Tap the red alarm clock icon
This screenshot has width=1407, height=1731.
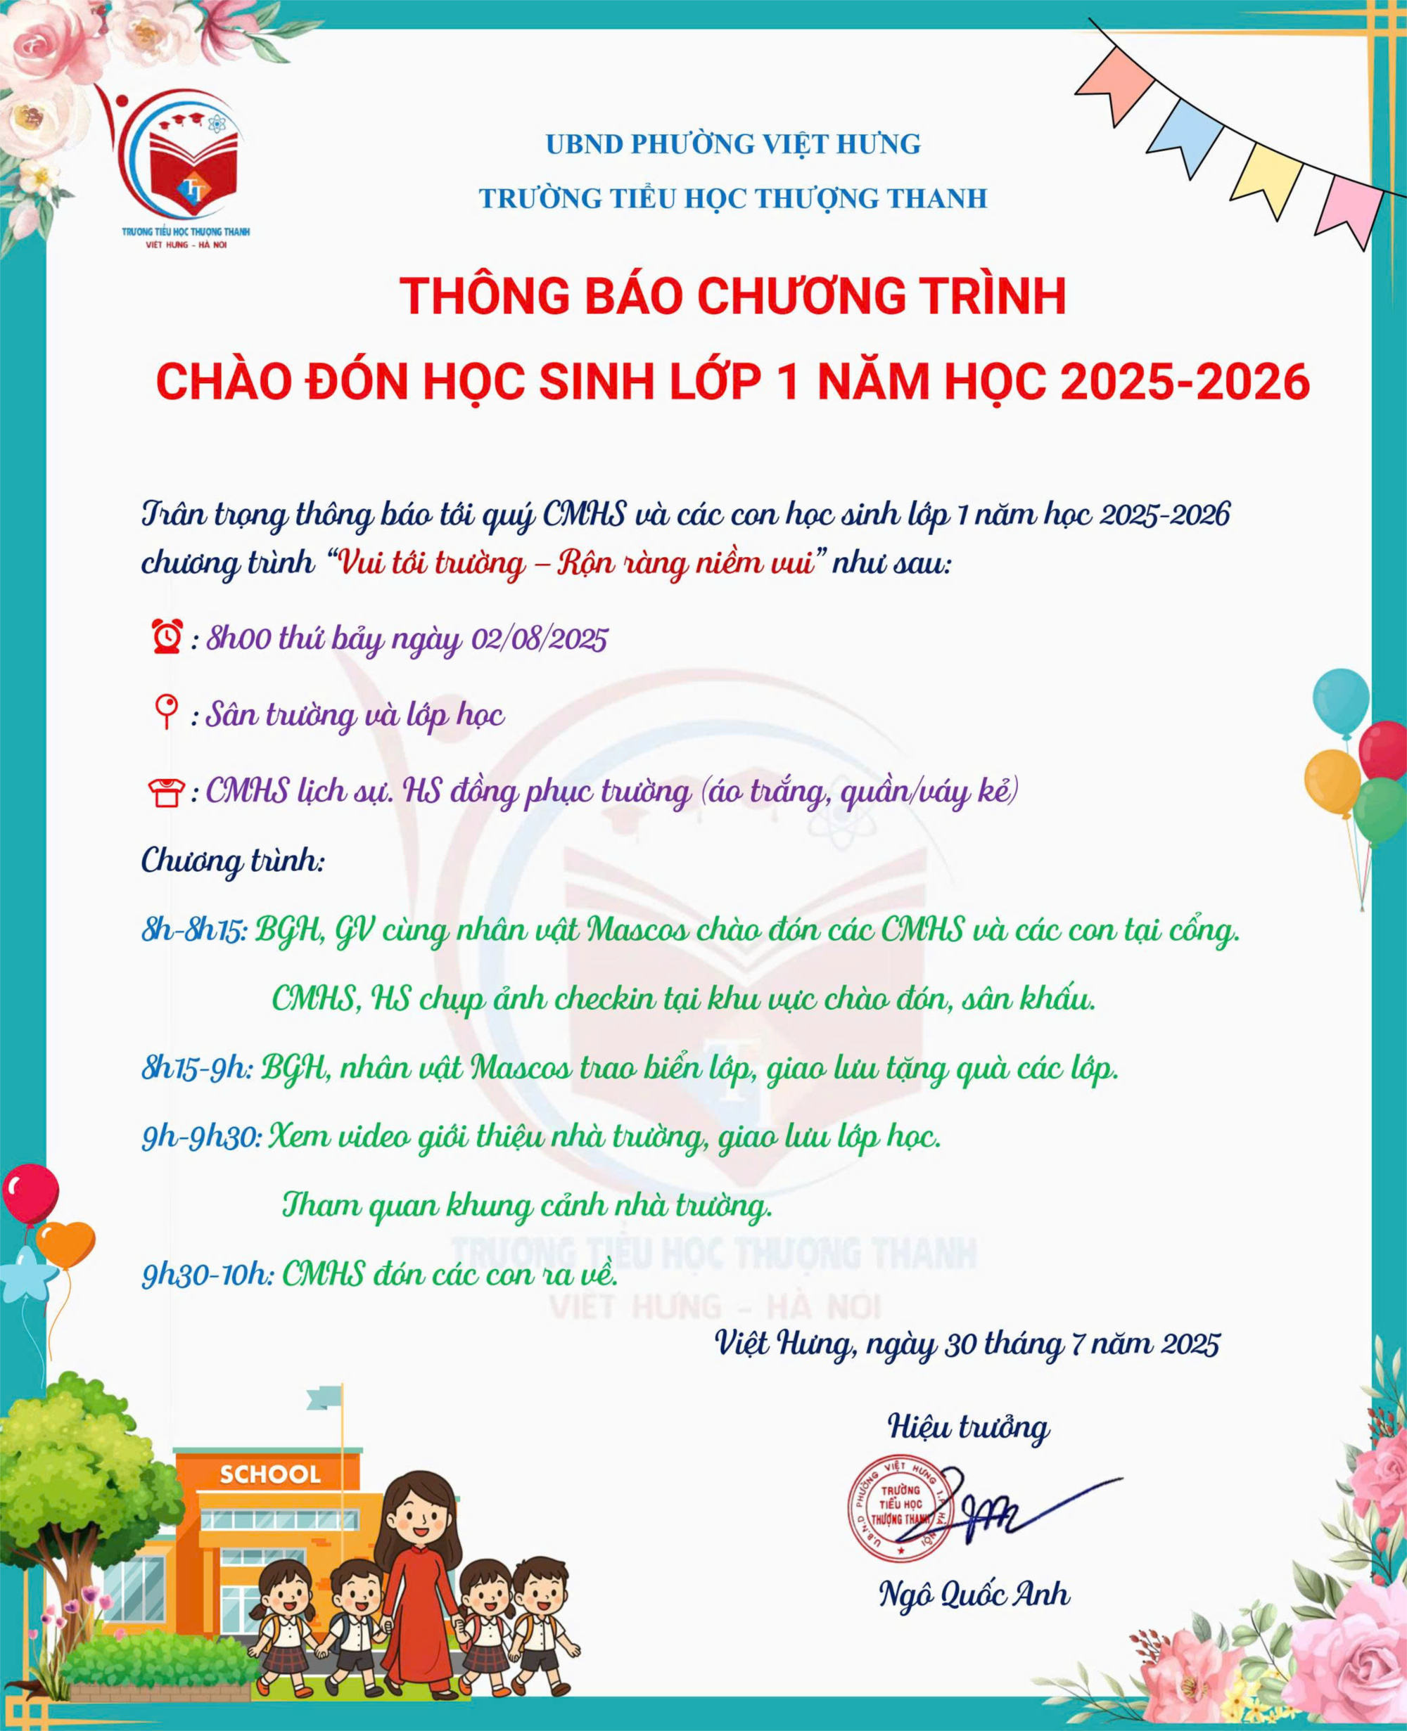click(167, 638)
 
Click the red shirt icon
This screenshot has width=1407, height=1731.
click(166, 792)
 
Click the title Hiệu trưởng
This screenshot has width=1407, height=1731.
click(969, 1426)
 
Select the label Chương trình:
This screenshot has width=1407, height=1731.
click(233, 861)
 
